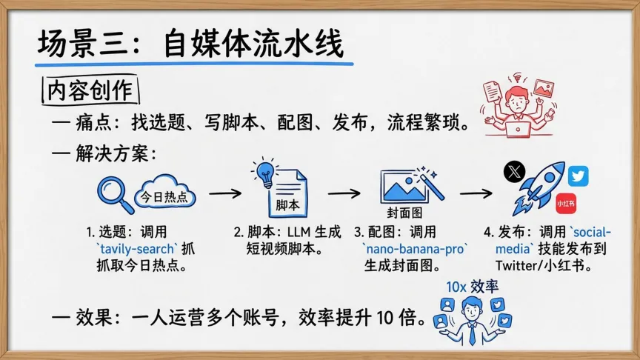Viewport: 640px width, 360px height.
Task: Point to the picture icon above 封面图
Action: (404, 185)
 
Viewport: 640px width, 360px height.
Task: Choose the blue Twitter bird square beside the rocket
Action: (579, 177)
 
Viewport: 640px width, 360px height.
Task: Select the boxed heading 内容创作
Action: (88, 90)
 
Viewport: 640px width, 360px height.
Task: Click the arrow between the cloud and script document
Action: (227, 193)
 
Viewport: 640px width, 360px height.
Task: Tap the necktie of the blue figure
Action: (472, 334)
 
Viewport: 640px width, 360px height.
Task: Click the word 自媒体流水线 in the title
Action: (252, 44)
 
